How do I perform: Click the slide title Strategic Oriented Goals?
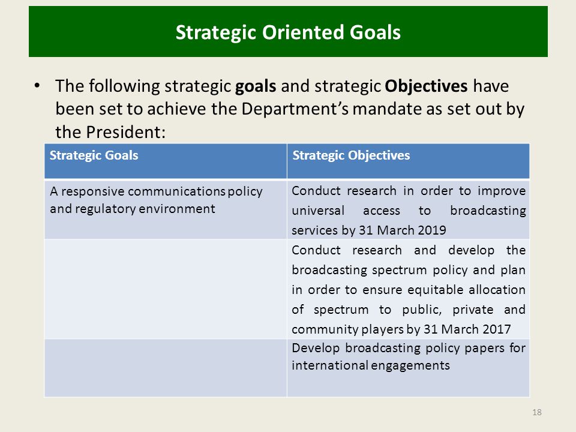(x=288, y=32)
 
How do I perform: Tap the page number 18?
(x=536, y=412)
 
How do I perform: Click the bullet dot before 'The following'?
(x=37, y=86)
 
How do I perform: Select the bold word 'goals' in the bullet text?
(x=256, y=86)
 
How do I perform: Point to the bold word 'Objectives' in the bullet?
(x=426, y=86)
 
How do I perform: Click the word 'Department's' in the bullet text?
(x=295, y=109)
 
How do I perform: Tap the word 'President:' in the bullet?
(x=125, y=132)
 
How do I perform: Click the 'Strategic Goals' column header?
(x=94, y=155)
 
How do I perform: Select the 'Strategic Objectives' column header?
(x=351, y=155)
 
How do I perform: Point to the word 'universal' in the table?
(x=318, y=211)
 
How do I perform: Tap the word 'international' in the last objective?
(x=329, y=365)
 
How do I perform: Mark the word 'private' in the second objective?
(x=473, y=310)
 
